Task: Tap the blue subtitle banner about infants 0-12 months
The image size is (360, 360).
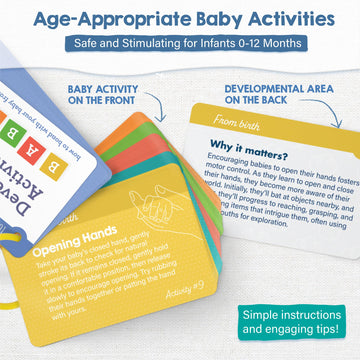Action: tap(180, 44)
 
